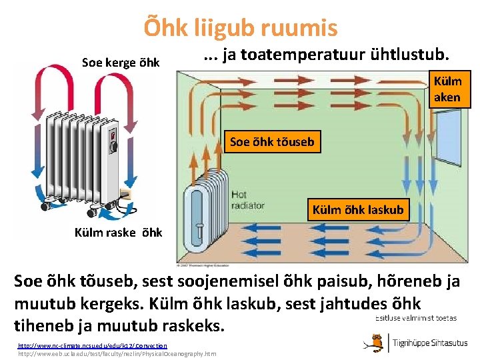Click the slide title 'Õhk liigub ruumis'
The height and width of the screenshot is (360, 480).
[241, 27]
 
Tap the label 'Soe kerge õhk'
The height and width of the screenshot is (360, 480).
[121, 63]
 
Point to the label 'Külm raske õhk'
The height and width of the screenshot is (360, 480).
[119, 232]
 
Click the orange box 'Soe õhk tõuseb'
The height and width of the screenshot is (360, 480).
[271, 141]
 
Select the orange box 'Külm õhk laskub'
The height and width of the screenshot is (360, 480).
[358, 209]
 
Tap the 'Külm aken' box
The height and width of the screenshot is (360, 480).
[447, 89]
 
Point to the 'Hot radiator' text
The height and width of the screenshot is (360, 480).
[247, 200]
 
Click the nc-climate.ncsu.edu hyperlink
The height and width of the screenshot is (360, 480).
[92, 345]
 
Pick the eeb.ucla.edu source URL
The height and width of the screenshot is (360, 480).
[117, 353]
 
